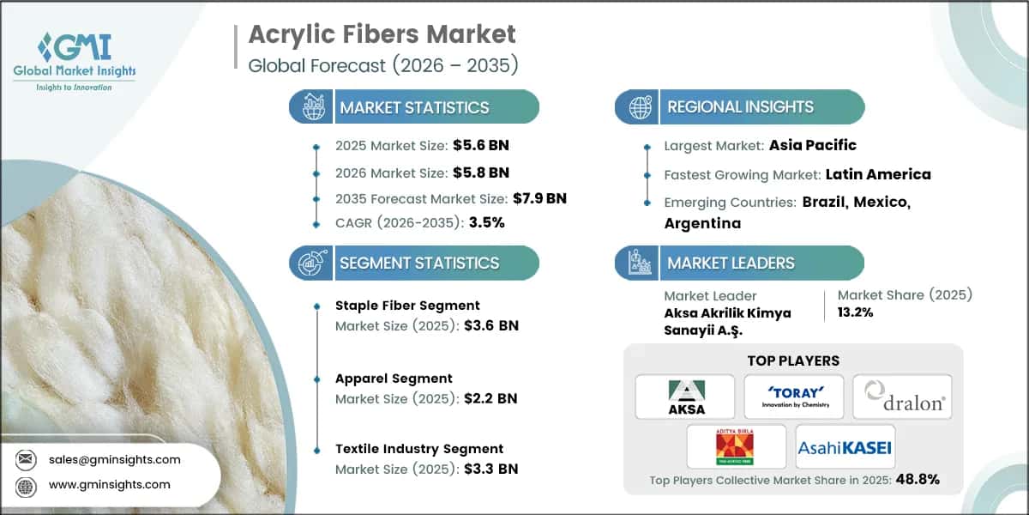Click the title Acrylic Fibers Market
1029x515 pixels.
(x=382, y=34)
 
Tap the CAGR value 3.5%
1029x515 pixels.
(x=486, y=222)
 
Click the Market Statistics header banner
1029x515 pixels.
(x=414, y=107)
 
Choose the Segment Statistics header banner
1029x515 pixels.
(x=414, y=263)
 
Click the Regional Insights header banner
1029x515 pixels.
(x=739, y=107)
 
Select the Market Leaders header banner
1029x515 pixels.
(x=739, y=263)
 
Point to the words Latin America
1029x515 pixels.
(x=878, y=174)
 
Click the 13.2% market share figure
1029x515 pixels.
(x=855, y=312)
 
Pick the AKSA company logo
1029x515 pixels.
(x=684, y=397)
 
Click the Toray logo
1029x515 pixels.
(x=793, y=397)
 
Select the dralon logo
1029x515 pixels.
(x=902, y=397)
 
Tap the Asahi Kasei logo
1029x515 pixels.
(x=845, y=446)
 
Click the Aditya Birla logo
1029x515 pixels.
(x=736, y=446)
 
